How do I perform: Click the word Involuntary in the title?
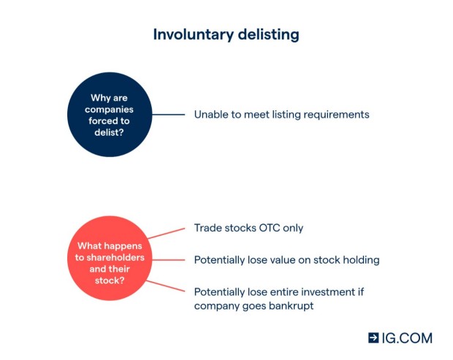coord(193,35)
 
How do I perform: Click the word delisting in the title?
coord(269,35)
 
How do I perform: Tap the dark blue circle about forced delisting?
coord(110,115)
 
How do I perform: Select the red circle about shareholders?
coord(110,258)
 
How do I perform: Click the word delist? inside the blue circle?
coord(109,132)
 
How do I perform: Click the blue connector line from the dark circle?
coord(169,115)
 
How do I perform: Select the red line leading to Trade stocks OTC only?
coord(167,234)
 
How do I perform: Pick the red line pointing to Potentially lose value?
coord(169,260)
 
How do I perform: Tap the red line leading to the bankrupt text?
coord(166,286)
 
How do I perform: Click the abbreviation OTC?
coord(270,228)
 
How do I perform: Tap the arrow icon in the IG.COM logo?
coord(373,338)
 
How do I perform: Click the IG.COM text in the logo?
coord(407,338)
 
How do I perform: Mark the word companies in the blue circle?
coord(109,110)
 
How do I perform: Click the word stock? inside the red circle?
coord(110,280)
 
